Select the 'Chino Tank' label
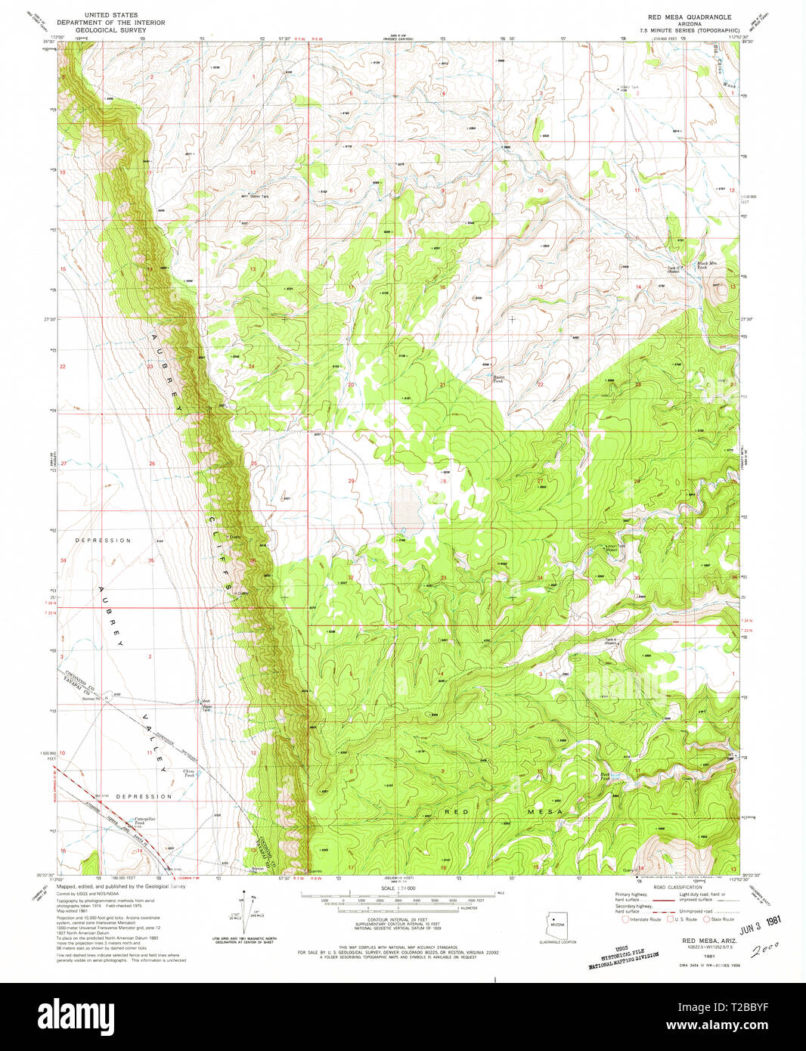(x=189, y=773)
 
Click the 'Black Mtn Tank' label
(x=706, y=265)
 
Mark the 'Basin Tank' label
(x=498, y=379)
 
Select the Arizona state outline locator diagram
(x=557, y=923)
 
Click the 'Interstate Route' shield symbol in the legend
(x=625, y=919)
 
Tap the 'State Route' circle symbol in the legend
(x=707, y=919)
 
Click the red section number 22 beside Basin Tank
(x=540, y=385)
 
